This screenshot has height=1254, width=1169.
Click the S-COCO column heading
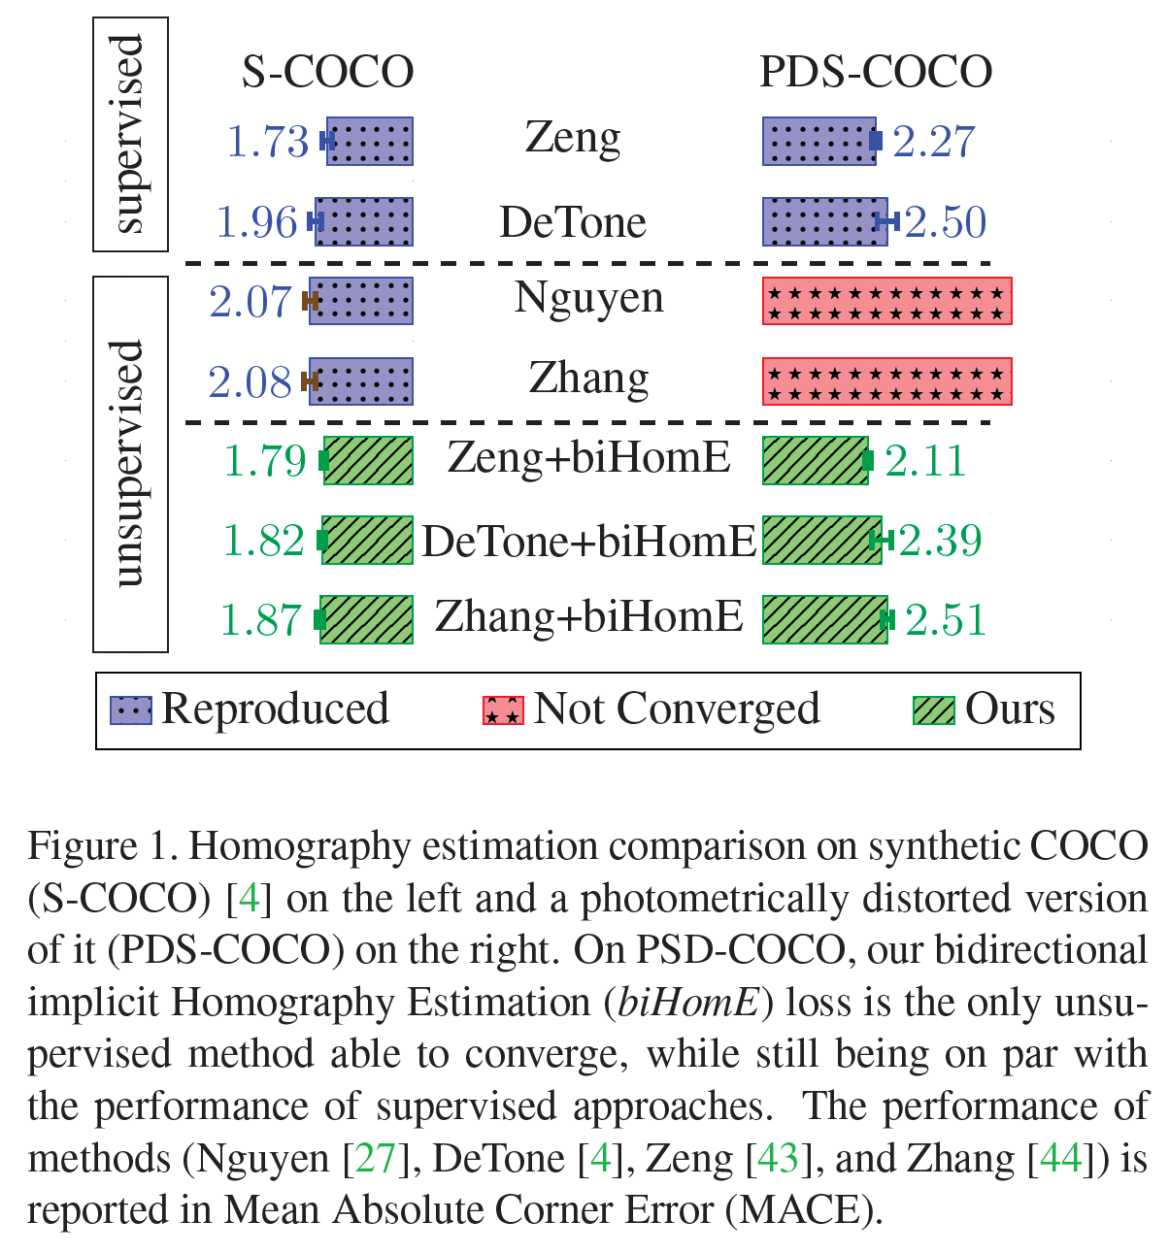[x=327, y=72]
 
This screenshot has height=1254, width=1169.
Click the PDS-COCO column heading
[x=876, y=72]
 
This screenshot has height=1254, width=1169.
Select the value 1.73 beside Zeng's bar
[x=268, y=141]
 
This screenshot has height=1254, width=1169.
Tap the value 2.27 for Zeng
[x=934, y=141]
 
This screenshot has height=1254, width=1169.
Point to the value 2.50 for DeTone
[x=946, y=221]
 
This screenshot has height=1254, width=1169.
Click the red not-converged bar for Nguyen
[x=887, y=301]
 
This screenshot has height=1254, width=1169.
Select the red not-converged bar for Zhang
[x=887, y=381]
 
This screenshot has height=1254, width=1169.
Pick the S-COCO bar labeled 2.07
[x=361, y=301]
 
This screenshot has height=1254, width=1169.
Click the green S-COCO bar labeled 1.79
[x=368, y=460]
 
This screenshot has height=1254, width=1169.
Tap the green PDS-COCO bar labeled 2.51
[x=825, y=619]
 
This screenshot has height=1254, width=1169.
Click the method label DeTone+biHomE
[x=588, y=542]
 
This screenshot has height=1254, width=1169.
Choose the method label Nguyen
[x=589, y=298]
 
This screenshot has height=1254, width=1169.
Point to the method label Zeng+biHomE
[x=589, y=458]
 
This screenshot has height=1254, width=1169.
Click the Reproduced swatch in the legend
[x=131, y=710]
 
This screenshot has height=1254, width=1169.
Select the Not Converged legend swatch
[x=504, y=710]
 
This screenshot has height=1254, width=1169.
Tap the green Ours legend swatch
[x=934, y=710]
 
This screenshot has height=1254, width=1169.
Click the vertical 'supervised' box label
[x=128, y=135]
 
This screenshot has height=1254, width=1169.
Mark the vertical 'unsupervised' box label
[x=128, y=464]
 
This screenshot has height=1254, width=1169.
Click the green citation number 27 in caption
[x=376, y=1159]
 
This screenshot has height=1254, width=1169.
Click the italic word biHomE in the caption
[x=688, y=1003]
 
